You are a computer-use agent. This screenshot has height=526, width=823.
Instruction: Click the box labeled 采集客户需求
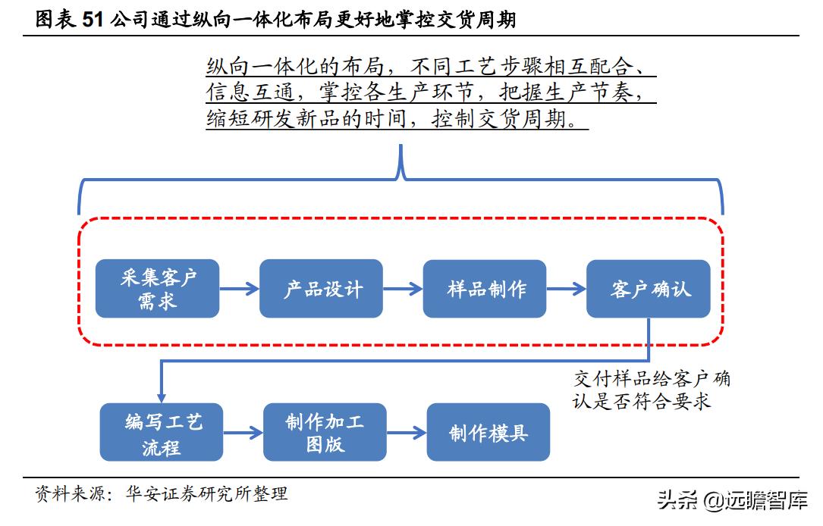(157, 289)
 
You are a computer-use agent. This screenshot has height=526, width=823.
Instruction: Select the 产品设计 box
(321, 289)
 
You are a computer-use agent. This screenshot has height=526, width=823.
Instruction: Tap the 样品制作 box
(485, 289)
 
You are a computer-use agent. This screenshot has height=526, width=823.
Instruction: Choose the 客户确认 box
(649, 289)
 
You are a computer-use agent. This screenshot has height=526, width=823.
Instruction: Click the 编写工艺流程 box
(162, 433)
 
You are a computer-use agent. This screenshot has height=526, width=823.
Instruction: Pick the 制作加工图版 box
(325, 433)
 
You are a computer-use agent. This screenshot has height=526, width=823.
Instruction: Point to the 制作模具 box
(488, 433)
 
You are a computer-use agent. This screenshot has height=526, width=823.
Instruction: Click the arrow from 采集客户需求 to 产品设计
(239, 289)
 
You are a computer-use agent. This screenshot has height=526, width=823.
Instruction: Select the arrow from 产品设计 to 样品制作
(403, 289)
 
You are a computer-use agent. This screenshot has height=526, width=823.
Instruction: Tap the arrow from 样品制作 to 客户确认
(567, 289)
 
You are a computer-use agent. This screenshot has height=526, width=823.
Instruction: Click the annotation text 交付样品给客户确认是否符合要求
(651, 390)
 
